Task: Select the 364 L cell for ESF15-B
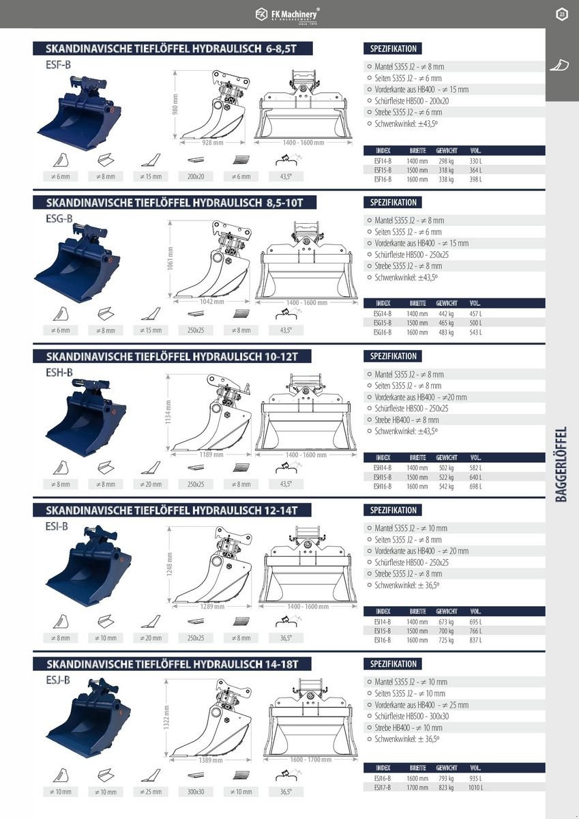point(475,170)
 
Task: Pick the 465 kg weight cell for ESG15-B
point(446,323)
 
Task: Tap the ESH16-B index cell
point(382,487)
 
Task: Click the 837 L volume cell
point(475,640)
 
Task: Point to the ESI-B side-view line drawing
point(211,564)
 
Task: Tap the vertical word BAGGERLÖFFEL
point(561,464)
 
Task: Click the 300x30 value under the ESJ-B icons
point(195,792)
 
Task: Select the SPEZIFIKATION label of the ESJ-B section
point(394,664)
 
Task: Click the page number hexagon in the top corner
point(561,14)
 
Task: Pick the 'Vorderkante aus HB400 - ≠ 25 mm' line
point(421,705)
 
